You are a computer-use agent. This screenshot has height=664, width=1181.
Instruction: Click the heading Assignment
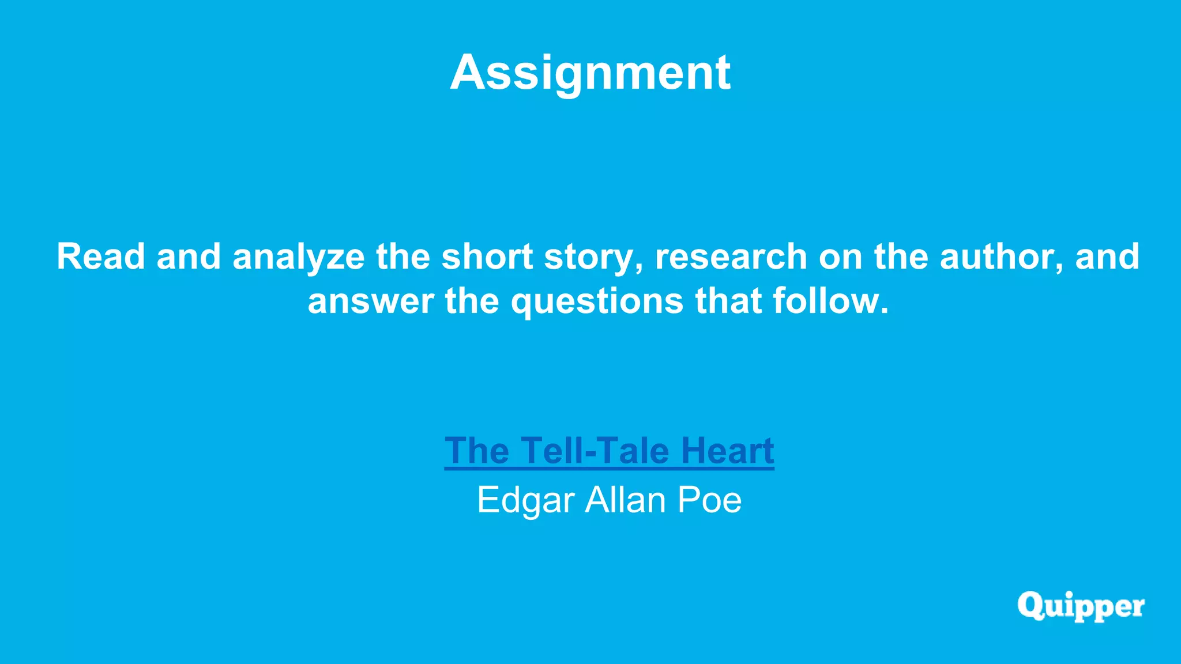590,73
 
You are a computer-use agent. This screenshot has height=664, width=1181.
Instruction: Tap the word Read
101,256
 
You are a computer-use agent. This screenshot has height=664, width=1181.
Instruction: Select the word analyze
299,256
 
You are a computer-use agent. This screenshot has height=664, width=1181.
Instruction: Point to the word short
487,256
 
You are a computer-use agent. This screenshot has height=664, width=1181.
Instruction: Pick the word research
731,256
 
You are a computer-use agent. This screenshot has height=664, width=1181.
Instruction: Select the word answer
371,301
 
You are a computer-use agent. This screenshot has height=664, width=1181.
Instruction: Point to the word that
728,301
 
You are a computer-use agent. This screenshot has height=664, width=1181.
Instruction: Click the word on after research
840,257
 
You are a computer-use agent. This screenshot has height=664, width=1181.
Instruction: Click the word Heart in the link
727,451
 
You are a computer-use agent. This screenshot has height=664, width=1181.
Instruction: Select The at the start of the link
477,451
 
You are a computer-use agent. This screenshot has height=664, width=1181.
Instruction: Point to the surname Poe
709,500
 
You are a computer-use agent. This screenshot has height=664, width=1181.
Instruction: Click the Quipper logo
1081,606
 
